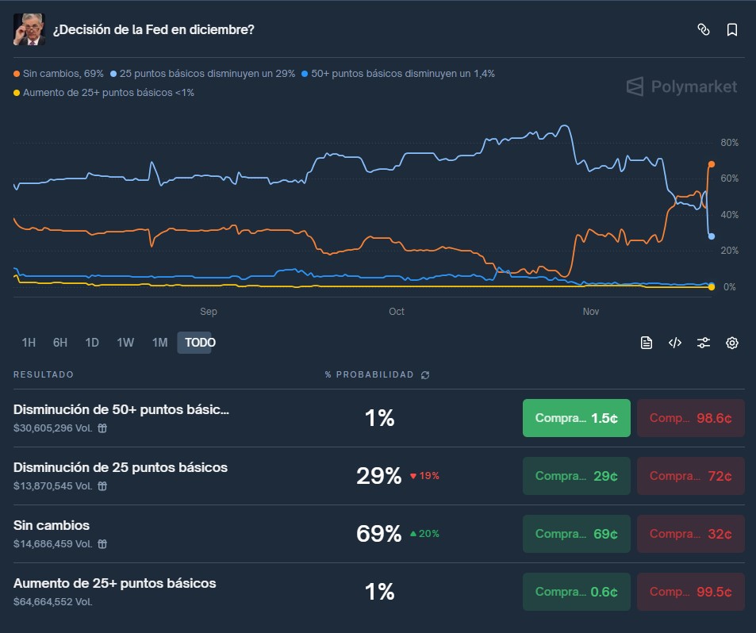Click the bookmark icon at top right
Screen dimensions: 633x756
click(731, 30)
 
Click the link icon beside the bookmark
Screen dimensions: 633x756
click(703, 30)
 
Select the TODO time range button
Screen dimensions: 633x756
click(200, 343)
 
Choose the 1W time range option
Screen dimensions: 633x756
click(125, 343)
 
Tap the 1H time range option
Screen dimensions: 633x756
click(29, 343)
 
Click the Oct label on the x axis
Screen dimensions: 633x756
click(397, 312)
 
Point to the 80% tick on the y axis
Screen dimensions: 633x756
click(729, 143)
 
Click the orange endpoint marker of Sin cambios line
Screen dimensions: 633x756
click(712, 164)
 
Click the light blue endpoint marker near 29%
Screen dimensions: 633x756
click(712, 236)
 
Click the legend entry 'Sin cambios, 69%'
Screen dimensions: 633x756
click(59, 74)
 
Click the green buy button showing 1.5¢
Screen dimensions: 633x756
click(576, 418)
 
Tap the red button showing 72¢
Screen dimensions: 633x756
click(690, 476)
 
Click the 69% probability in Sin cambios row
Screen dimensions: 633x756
click(378, 534)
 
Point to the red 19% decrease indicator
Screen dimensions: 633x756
click(424, 476)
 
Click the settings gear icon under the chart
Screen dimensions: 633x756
click(731, 343)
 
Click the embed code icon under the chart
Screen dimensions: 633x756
click(674, 343)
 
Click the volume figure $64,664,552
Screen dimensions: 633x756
click(52, 602)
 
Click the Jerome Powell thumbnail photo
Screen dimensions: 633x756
click(29, 29)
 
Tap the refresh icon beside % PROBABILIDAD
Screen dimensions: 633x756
click(425, 374)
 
